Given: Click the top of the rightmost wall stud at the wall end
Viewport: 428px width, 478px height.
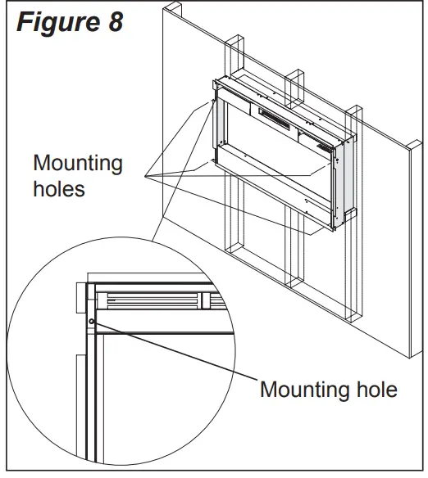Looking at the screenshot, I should pos(353,109).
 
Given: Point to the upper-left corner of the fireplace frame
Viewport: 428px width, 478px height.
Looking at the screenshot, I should pos(215,82).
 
